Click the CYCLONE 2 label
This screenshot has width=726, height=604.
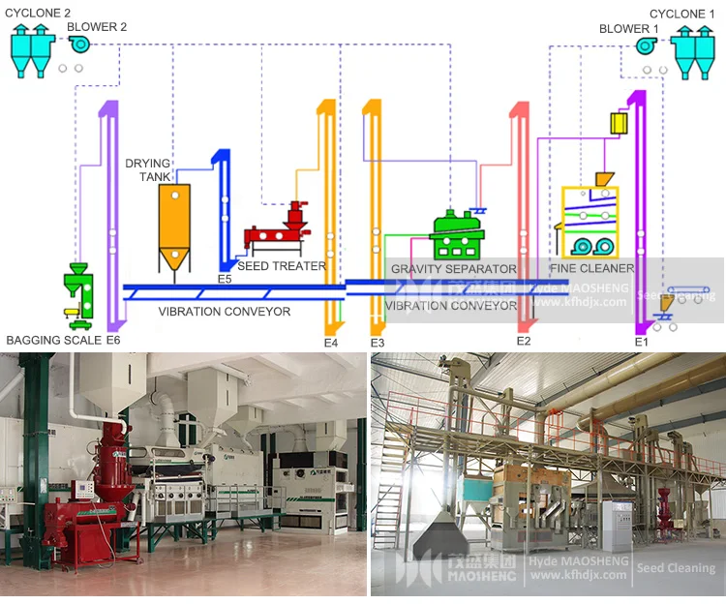40,13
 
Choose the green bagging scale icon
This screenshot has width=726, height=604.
77,290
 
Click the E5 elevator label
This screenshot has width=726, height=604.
225,279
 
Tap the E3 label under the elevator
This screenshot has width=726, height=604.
378,343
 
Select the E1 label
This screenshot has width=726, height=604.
641,342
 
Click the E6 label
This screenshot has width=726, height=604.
113,340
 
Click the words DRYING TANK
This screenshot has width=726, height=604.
148,170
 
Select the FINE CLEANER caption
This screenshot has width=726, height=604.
591,268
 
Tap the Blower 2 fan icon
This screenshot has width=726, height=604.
78,45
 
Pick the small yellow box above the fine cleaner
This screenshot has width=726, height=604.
619,123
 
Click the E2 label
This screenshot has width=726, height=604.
524,341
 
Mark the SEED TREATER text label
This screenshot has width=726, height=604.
282,266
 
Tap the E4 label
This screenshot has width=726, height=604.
331,342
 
